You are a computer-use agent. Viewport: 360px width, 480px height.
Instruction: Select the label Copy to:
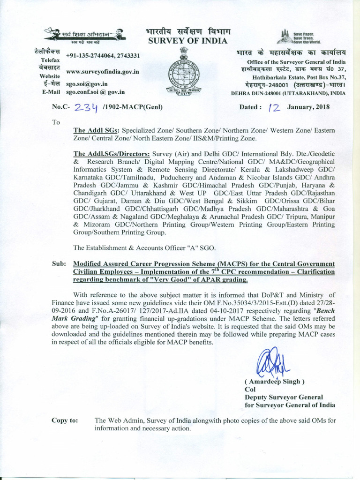pyautogui.click(x=65, y=420)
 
